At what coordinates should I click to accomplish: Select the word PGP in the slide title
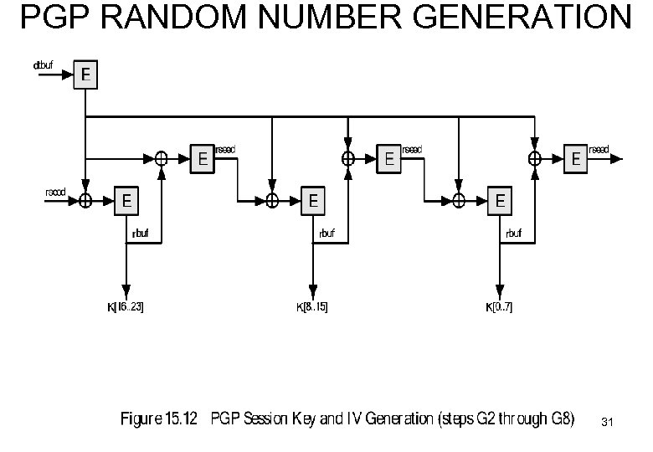pos(52,18)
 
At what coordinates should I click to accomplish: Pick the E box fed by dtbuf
pos(85,75)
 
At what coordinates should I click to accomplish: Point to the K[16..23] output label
pos(126,307)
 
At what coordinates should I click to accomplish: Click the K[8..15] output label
pos(312,307)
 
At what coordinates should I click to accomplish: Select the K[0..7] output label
pos(500,307)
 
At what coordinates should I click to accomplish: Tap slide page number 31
pos(608,424)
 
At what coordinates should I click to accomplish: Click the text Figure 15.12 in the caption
pos(159,419)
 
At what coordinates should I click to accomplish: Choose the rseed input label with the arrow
pos(55,191)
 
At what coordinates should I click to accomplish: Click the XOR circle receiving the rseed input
pos(85,200)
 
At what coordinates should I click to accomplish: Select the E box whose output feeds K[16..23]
pos(126,200)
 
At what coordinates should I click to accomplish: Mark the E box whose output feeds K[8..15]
pos(312,200)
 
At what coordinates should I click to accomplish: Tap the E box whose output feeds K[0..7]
pos(500,200)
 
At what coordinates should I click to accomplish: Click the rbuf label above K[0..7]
pos(513,233)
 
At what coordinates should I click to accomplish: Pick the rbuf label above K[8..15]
pos(326,233)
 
